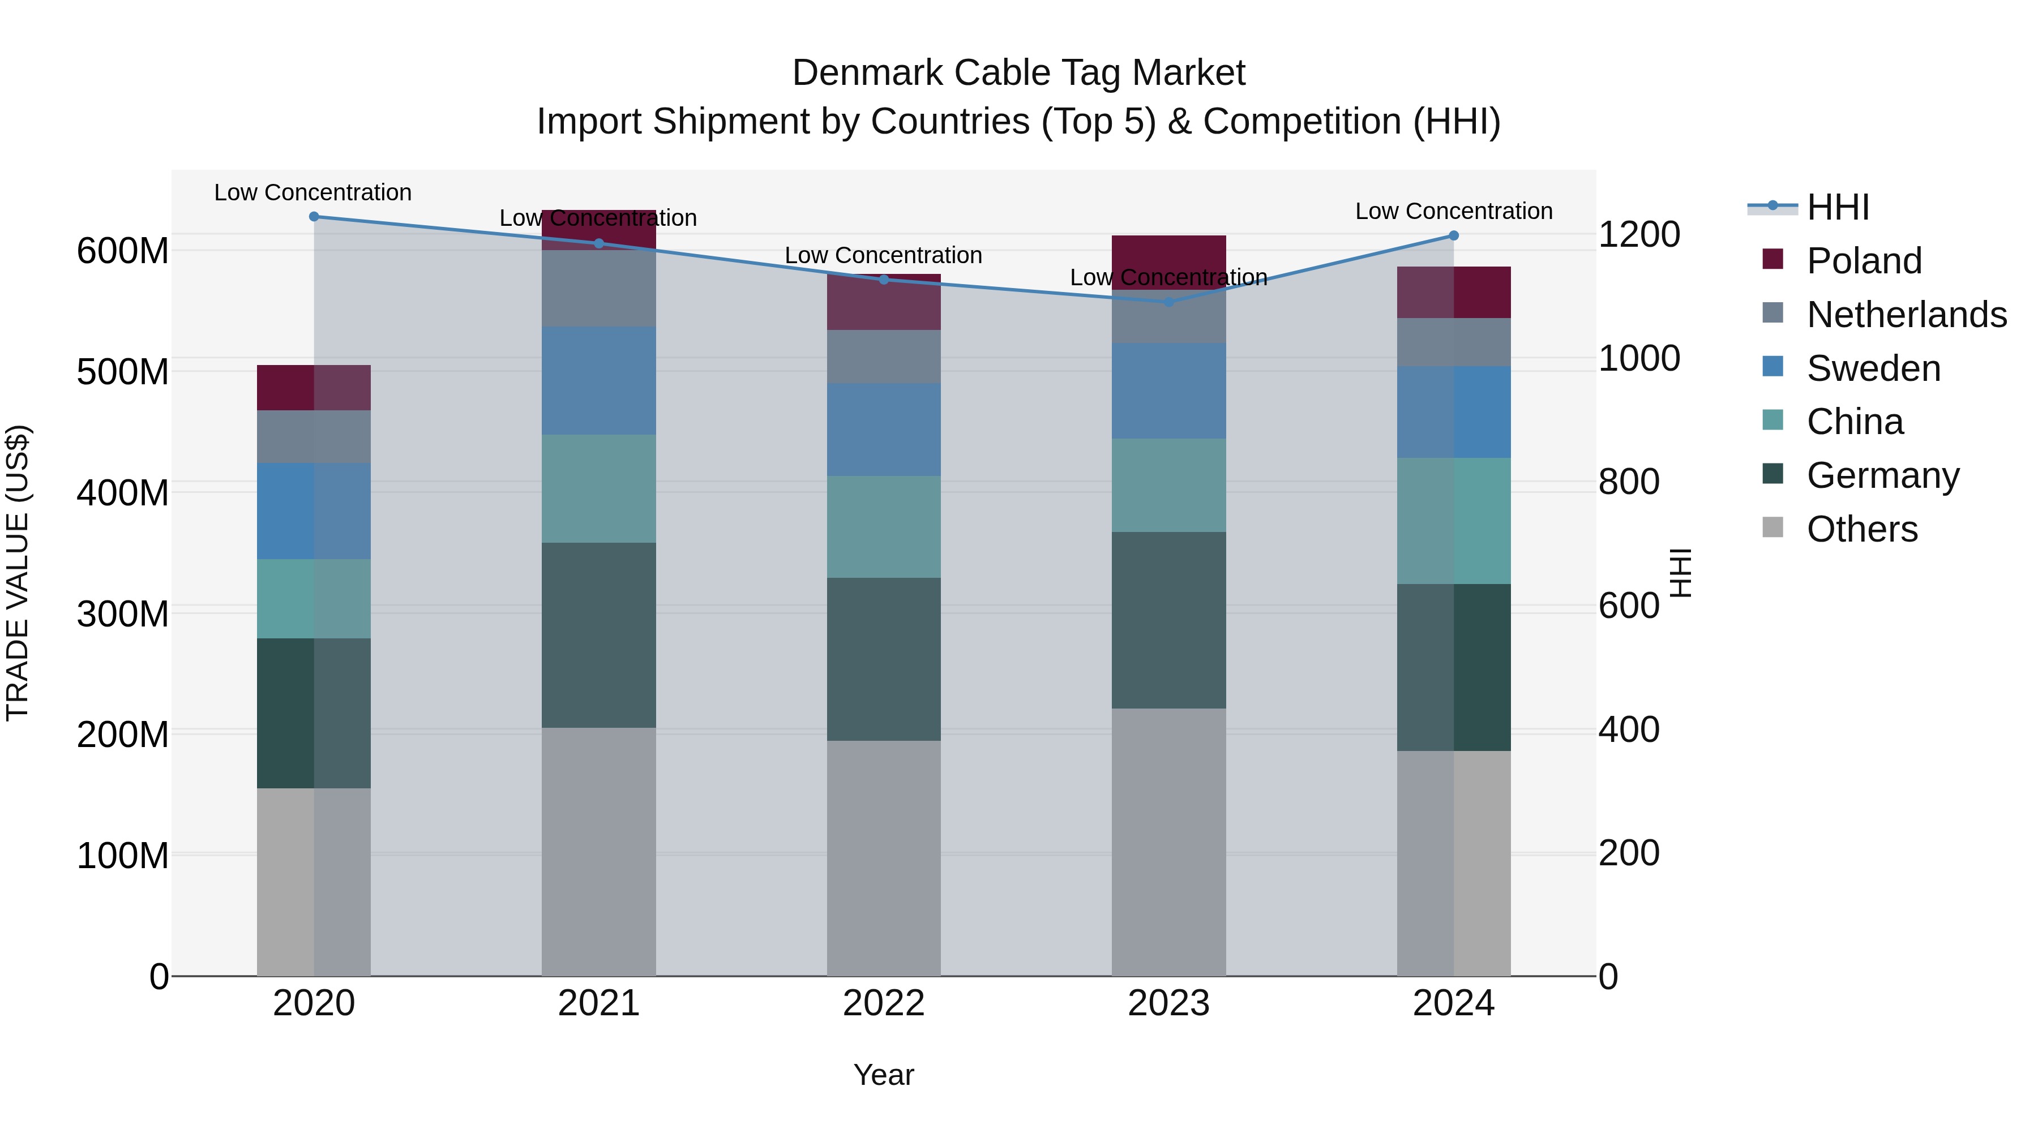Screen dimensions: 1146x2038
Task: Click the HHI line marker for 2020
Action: (x=314, y=216)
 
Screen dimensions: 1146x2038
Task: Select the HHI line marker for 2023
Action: (x=1170, y=301)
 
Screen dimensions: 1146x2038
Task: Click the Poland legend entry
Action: (x=1863, y=261)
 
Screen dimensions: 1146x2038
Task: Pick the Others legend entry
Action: (x=1861, y=529)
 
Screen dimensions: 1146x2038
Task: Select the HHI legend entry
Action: (x=1837, y=207)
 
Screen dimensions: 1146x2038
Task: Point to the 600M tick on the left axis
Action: (x=123, y=251)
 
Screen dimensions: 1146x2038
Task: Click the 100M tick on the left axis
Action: (x=123, y=856)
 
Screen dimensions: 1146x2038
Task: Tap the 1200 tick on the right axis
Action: (x=1638, y=235)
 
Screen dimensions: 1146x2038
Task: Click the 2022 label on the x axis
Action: (x=884, y=1003)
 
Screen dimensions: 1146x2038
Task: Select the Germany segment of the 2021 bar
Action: (x=599, y=634)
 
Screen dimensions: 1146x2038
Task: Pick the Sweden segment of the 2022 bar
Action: (x=884, y=430)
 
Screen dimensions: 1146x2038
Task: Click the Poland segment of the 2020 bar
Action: (x=314, y=388)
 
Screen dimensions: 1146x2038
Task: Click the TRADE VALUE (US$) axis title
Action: (x=18, y=573)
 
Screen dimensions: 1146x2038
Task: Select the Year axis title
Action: (x=884, y=1075)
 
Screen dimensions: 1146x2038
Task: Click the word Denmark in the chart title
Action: (x=867, y=73)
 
